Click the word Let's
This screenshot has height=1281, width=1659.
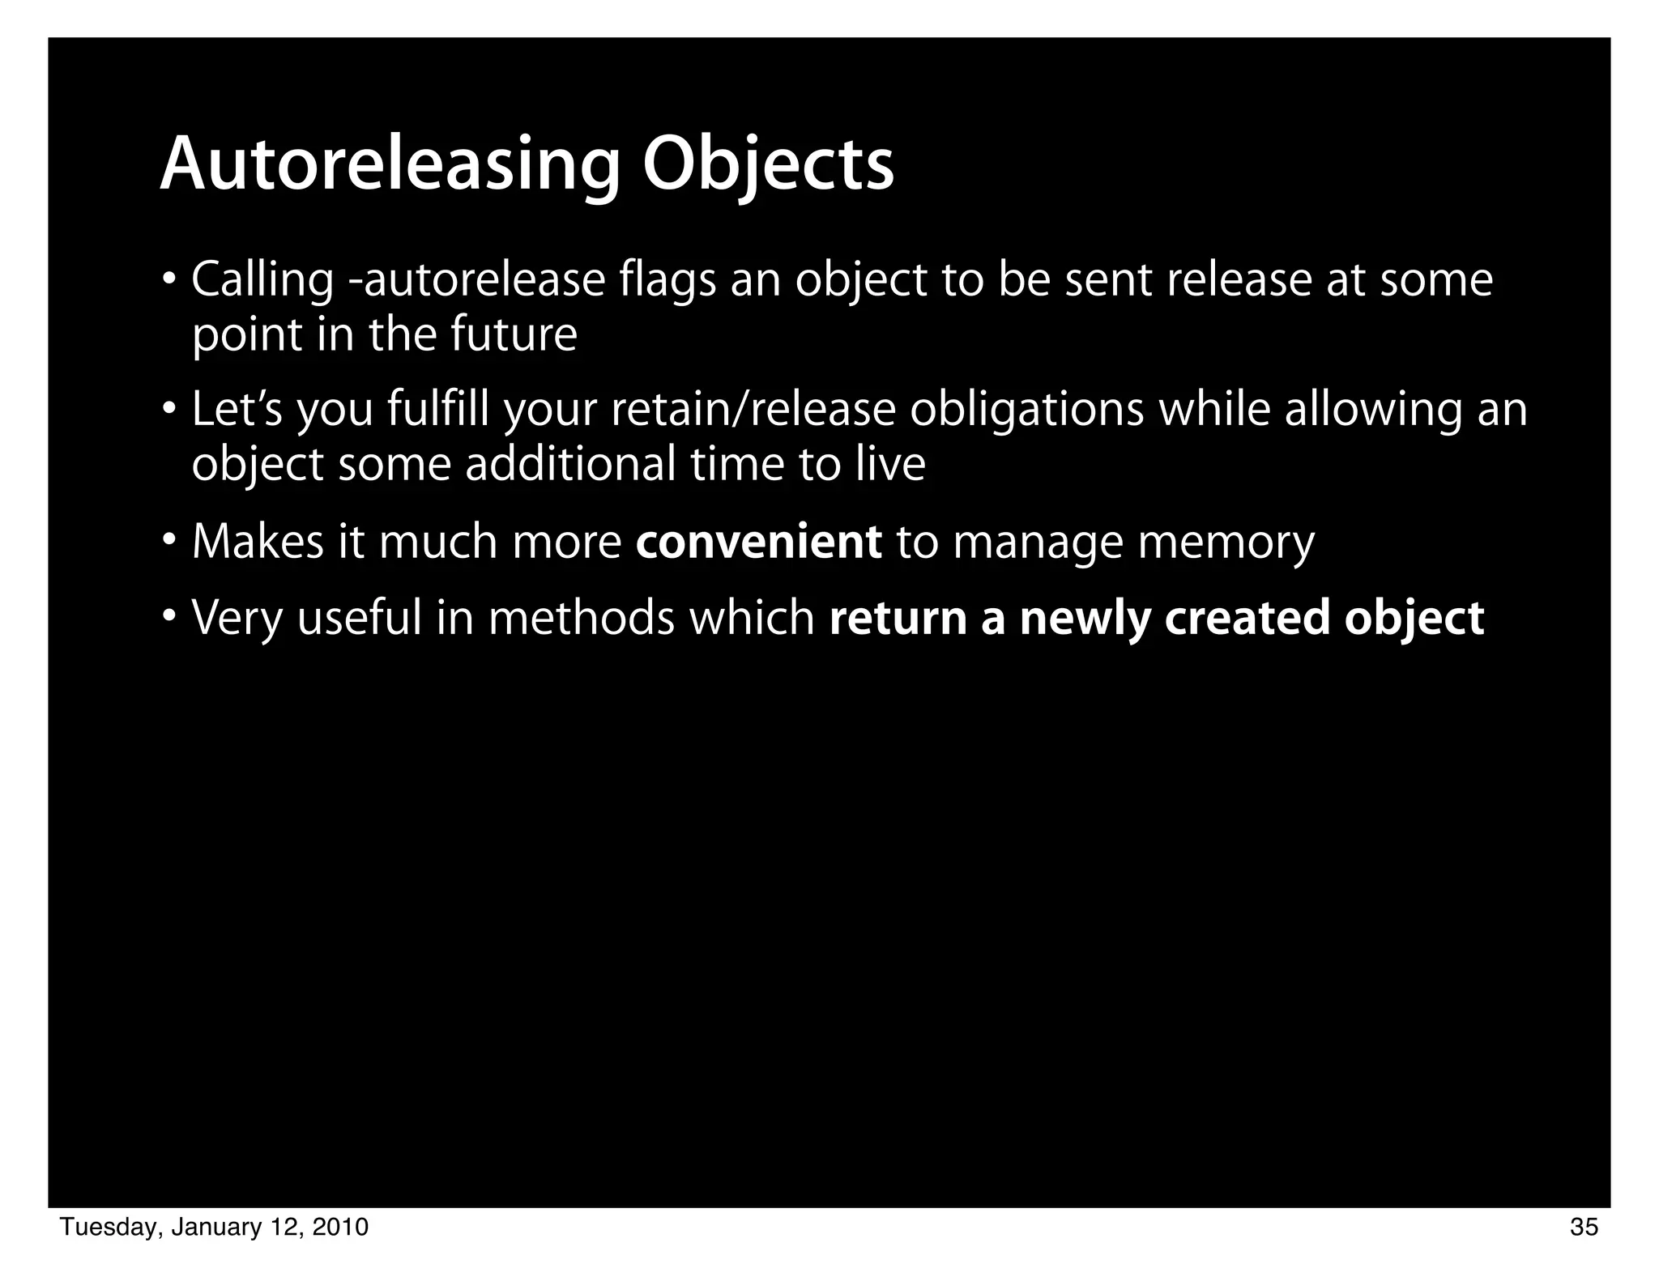(x=237, y=410)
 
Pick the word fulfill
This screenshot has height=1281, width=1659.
(x=437, y=410)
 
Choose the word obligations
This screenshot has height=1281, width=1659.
(x=1026, y=410)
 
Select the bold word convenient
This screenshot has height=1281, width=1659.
(x=758, y=542)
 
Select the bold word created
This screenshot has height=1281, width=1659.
(x=1247, y=619)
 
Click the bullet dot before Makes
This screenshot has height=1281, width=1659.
(x=168, y=539)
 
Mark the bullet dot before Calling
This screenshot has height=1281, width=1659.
(x=168, y=279)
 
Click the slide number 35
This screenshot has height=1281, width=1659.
(x=1584, y=1228)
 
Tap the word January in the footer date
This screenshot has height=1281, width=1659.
(x=215, y=1228)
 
